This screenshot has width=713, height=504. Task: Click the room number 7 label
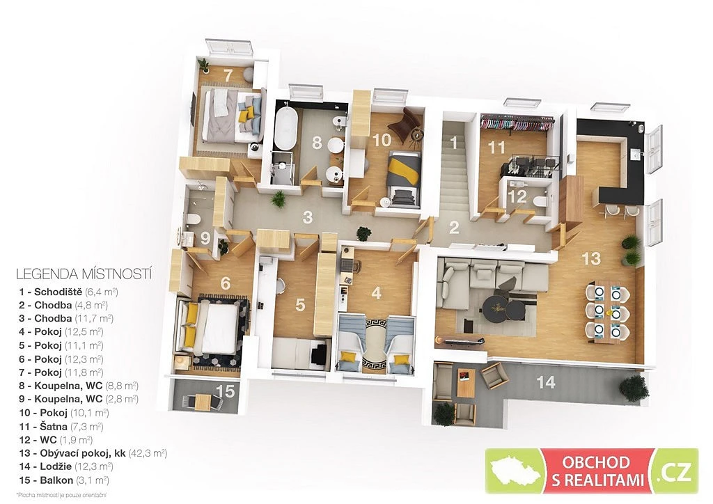(x=228, y=75)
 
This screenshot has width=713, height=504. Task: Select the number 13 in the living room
(x=591, y=258)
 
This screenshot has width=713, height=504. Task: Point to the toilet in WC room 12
(x=540, y=201)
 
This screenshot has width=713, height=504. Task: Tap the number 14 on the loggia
(x=546, y=382)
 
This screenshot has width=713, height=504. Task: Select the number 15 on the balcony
(x=226, y=391)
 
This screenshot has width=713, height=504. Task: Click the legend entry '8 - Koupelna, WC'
(x=79, y=386)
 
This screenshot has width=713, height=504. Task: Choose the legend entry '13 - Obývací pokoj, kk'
(x=93, y=453)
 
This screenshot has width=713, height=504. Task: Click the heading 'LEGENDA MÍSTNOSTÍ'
(x=84, y=274)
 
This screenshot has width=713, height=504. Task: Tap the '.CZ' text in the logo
(x=675, y=471)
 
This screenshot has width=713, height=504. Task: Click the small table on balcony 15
(x=203, y=402)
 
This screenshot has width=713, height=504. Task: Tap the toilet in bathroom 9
(x=193, y=219)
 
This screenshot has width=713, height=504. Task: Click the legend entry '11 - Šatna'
(x=61, y=426)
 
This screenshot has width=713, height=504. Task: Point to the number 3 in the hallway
(x=307, y=217)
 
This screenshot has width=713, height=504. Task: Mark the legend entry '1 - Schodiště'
(x=68, y=292)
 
